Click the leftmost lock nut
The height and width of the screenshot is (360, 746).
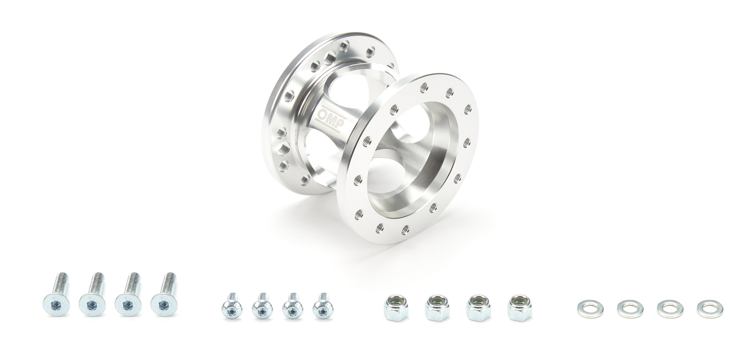(396, 308)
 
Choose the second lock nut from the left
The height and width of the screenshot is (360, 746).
(437, 308)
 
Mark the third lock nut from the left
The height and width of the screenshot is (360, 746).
(478, 308)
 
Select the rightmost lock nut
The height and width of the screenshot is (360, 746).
(519, 308)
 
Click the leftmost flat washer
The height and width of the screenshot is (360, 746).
(590, 309)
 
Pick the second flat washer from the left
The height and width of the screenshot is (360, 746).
(630, 309)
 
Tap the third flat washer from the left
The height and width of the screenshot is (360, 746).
(670, 309)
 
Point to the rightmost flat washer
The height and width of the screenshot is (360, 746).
(710, 309)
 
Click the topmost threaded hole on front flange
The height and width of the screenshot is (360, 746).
(424, 88)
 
